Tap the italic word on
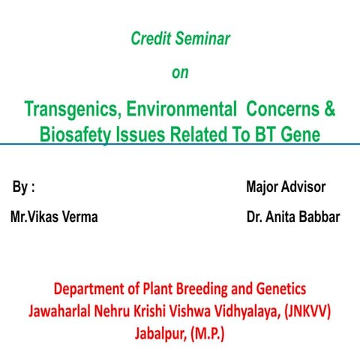pos(180,73)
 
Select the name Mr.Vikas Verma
pos(54,217)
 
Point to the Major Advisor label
pos(286,187)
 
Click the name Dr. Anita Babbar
pos(292,217)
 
